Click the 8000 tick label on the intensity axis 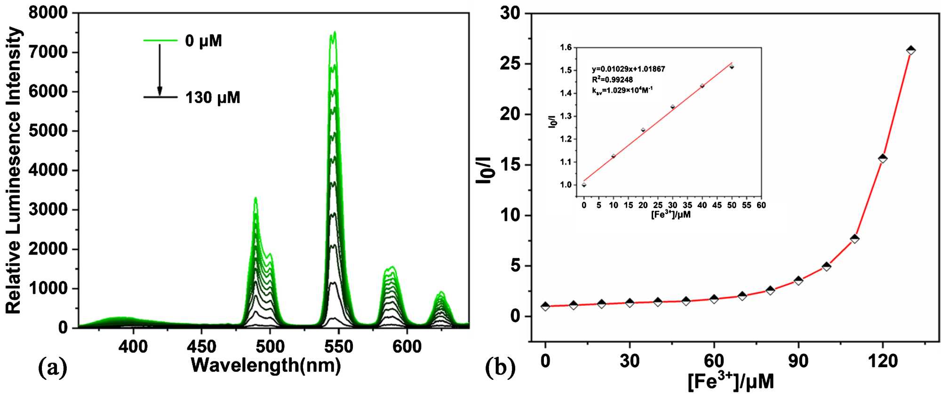click(48, 13)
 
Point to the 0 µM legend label click(203, 41)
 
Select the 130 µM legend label click(213, 98)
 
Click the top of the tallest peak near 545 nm click(334, 33)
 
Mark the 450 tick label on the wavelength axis click(201, 347)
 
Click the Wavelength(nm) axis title click(266, 365)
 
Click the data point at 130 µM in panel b click(911, 50)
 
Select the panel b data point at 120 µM click(883, 159)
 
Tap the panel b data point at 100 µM click(826, 266)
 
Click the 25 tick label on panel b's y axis click(510, 64)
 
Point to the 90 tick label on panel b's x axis click(798, 361)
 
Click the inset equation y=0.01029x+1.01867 click(628, 69)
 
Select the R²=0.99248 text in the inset click(612, 80)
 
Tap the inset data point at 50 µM click(732, 67)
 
